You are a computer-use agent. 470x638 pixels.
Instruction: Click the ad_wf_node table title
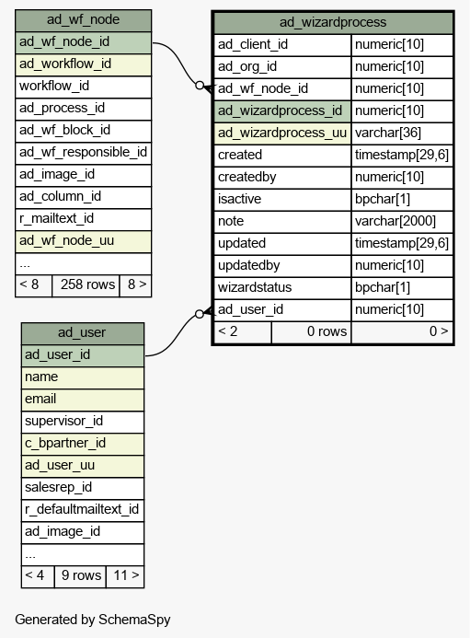coord(83,19)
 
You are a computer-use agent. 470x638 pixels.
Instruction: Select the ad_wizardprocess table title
coord(333,22)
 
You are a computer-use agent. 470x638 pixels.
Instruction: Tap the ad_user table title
coord(82,332)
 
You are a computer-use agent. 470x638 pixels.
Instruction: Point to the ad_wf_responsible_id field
coord(83,152)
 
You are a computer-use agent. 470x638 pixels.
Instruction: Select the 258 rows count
coord(87,284)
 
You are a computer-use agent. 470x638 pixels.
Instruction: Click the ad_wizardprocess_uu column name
coord(282,133)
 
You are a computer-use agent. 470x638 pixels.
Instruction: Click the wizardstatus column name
coord(255,287)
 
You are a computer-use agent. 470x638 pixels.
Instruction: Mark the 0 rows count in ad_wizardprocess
coord(327,331)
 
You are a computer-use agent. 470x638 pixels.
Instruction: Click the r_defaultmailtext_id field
coord(82,509)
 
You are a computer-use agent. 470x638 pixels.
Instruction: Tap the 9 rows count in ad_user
coord(81,575)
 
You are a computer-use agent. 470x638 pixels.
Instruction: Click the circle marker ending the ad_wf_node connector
coord(200,86)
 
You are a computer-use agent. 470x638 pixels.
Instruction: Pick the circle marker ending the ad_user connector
coord(200,314)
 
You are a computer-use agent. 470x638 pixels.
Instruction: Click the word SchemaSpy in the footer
coord(134,620)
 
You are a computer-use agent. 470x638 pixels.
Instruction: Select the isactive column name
coord(239,199)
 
